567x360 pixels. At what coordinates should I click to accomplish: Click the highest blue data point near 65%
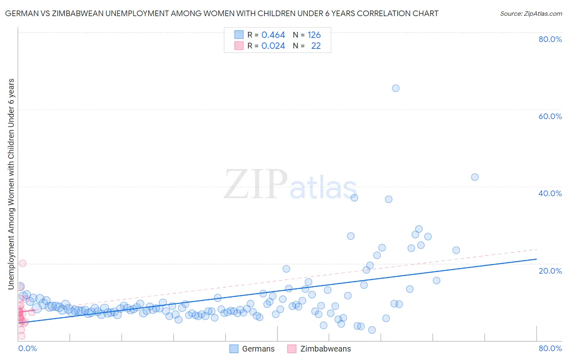click(396, 88)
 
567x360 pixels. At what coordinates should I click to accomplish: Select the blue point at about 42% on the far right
click(475, 177)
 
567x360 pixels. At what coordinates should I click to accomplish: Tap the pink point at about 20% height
click(23, 263)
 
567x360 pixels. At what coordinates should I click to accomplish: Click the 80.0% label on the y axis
click(550, 39)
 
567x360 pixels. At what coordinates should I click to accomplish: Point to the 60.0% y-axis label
click(550, 116)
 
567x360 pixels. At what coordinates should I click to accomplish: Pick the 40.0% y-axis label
click(550, 193)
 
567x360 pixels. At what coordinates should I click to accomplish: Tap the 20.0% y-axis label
click(550, 271)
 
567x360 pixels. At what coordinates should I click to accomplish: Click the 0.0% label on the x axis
click(27, 348)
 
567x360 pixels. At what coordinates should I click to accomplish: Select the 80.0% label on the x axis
click(550, 348)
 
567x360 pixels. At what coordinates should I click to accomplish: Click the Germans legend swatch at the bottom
click(234, 349)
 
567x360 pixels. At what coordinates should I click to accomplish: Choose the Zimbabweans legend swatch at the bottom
click(292, 349)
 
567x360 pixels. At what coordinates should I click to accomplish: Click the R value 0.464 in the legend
click(273, 35)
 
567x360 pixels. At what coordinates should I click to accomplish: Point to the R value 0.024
click(273, 46)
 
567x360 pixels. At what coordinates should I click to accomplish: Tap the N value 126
click(314, 35)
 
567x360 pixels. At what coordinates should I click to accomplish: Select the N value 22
click(316, 46)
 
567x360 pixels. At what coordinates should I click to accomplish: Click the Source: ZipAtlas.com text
click(531, 14)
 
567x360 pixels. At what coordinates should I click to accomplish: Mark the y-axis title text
click(11, 184)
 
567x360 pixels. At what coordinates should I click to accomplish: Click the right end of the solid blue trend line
click(536, 259)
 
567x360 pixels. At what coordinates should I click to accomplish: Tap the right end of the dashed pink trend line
click(537, 249)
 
